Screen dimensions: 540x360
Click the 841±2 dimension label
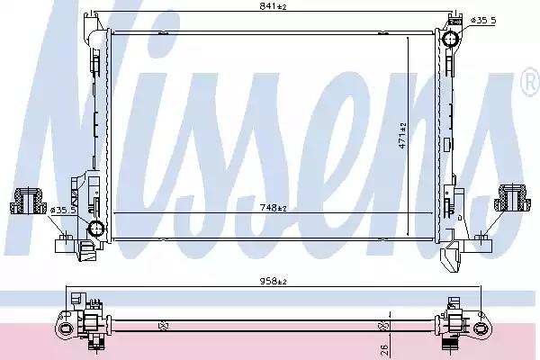coord(273,6)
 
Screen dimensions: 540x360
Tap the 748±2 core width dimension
coord(273,207)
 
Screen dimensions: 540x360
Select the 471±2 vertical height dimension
coord(402,135)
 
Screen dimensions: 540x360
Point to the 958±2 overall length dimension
coord(273,282)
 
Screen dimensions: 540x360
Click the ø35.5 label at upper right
coord(483,21)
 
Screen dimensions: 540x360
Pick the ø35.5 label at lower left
coord(63,210)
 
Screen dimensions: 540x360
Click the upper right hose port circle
coord(451,39)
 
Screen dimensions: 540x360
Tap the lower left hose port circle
coord(96,228)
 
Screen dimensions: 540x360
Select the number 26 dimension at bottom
coord(385,350)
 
